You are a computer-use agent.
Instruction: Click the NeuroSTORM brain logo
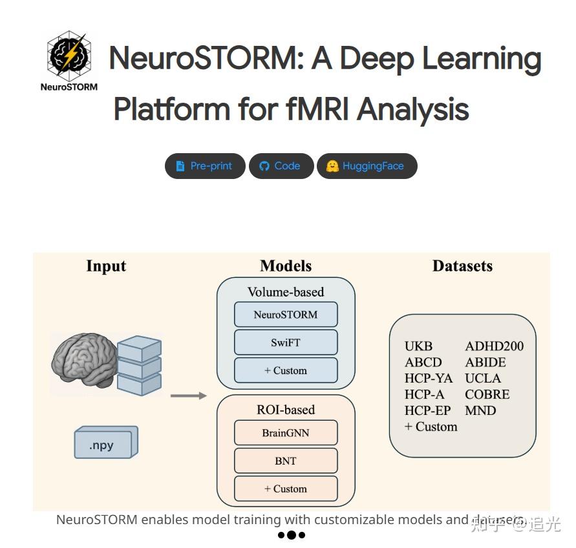coord(69,56)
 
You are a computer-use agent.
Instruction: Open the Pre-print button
coord(205,166)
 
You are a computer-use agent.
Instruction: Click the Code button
coord(281,166)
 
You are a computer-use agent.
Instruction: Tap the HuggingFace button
coord(367,166)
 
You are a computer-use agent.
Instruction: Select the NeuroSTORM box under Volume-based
coord(286,315)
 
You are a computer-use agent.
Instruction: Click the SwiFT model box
coord(286,342)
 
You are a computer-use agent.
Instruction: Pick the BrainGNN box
coord(286,433)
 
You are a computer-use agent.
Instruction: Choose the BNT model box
coord(286,461)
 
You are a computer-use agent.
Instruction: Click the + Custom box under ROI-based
coord(286,489)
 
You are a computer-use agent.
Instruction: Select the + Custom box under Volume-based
coord(286,370)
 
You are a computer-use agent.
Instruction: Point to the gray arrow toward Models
coord(189,395)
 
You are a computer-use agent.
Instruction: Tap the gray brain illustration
coord(84,362)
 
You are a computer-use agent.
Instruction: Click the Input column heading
coord(106,266)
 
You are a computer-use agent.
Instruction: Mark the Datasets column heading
coord(462,266)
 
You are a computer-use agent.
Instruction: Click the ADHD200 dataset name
coord(494,346)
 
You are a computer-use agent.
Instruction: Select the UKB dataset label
coord(418,346)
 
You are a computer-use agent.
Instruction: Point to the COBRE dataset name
coord(487,394)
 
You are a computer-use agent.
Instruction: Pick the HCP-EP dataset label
coord(427,410)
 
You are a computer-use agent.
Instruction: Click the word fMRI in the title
coord(304,109)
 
